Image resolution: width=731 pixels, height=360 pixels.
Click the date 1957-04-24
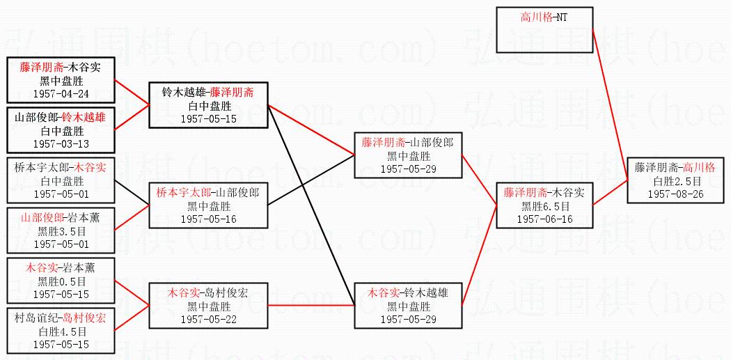point(60,93)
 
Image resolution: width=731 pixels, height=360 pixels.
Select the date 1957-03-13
point(60,143)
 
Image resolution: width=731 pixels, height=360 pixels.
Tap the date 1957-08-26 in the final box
point(675,194)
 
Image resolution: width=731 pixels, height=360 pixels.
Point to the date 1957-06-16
point(544,219)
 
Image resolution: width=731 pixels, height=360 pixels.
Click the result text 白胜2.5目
point(675,181)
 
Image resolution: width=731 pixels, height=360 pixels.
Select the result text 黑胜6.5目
point(544,206)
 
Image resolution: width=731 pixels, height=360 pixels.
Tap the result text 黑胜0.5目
point(60,281)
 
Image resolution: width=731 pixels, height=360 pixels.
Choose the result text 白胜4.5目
point(60,331)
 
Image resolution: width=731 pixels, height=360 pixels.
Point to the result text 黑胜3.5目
point(60,231)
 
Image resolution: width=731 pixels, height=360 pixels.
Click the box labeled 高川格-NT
point(544,17)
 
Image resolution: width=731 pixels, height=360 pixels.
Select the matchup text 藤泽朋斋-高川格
point(675,168)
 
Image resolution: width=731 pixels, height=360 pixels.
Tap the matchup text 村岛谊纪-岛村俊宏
point(60,318)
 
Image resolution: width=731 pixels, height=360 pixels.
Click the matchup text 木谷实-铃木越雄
point(408,292)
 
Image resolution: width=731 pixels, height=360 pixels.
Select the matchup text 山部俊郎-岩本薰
point(60,218)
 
